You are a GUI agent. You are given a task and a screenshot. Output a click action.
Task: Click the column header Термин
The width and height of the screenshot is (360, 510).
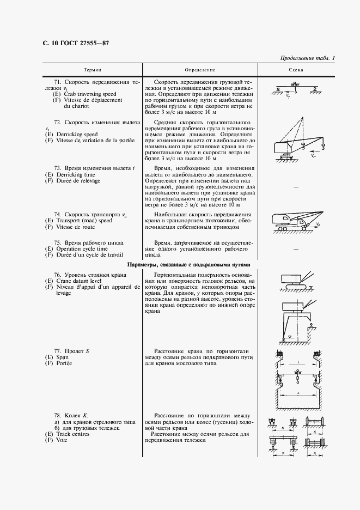pos(92,70)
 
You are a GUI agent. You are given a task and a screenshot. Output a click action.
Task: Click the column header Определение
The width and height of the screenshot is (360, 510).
pos(200,70)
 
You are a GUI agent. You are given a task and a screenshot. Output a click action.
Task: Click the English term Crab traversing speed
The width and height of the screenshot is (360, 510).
pos(84,94)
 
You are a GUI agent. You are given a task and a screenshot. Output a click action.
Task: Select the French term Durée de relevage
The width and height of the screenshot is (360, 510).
pos(76,180)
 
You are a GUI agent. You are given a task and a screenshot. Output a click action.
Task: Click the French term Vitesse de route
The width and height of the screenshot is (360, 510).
pos(77,227)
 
